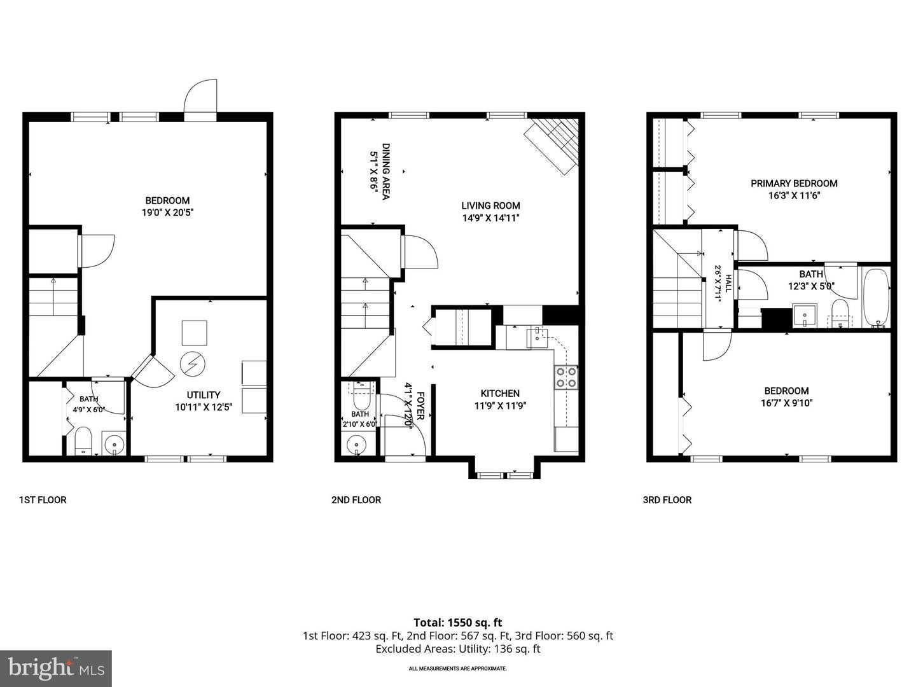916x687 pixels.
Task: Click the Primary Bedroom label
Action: coord(793,184)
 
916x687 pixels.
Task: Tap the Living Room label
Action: coord(490,205)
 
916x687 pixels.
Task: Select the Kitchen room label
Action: coord(500,393)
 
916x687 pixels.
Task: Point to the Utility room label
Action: coord(203,395)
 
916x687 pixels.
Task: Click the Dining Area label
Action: coord(385,172)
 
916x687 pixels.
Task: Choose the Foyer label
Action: coord(420,405)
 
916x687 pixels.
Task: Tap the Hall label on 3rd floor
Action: coord(728,283)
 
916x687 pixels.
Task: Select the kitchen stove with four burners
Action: coord(566,377)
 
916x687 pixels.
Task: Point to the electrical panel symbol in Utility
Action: coord(192,364)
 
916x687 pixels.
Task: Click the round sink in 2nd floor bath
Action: coord(356,445)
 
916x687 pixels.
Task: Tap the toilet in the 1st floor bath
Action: coord(83,440)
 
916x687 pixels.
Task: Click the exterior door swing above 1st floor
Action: coord(201,95)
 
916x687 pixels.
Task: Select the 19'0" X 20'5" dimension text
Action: coord(168,212)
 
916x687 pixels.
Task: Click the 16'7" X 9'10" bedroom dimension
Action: coord(786,403)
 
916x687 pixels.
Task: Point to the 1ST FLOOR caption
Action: coord(43,500)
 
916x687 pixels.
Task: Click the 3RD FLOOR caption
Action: coord(667,500)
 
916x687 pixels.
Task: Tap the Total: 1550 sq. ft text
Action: coord(458,623)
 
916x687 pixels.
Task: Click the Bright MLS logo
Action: coord(56,669)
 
